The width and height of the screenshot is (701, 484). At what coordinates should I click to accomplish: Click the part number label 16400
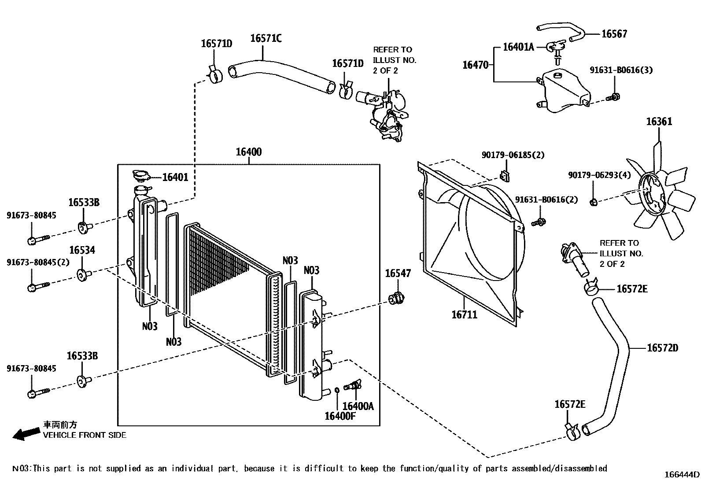click(x=248, y=152)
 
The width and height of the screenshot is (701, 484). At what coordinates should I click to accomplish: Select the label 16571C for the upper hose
click(x=266, y=38)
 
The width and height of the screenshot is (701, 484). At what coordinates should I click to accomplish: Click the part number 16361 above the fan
click(x=659, y=122)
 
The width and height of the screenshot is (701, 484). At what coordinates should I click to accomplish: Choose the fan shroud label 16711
click(x=464, y=314)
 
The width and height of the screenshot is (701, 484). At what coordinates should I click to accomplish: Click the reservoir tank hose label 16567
click(x=614, y=34)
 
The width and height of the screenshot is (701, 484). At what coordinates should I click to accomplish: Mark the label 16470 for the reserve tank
click(x=475, y=65)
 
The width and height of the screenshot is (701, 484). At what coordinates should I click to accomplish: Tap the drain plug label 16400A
click(x=358, y=406)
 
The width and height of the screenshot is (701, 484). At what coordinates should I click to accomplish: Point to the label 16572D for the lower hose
click(x=662, y=348)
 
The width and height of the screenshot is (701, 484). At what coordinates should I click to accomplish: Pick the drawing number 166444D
click(x=682, y=474)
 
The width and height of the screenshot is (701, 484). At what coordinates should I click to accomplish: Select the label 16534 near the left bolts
click(x=82, y=251)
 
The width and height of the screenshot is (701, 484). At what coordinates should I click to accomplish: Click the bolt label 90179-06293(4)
click(x=599, y=175)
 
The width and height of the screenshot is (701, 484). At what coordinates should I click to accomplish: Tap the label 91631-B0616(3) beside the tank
click(x=621, y=70)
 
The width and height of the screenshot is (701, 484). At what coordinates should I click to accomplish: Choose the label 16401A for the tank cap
click(x=518, y=47)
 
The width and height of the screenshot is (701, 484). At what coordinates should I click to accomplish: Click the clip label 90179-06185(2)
click(x=513, y=155)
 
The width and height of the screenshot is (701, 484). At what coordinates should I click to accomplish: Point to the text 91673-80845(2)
click(x=38, y=262)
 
